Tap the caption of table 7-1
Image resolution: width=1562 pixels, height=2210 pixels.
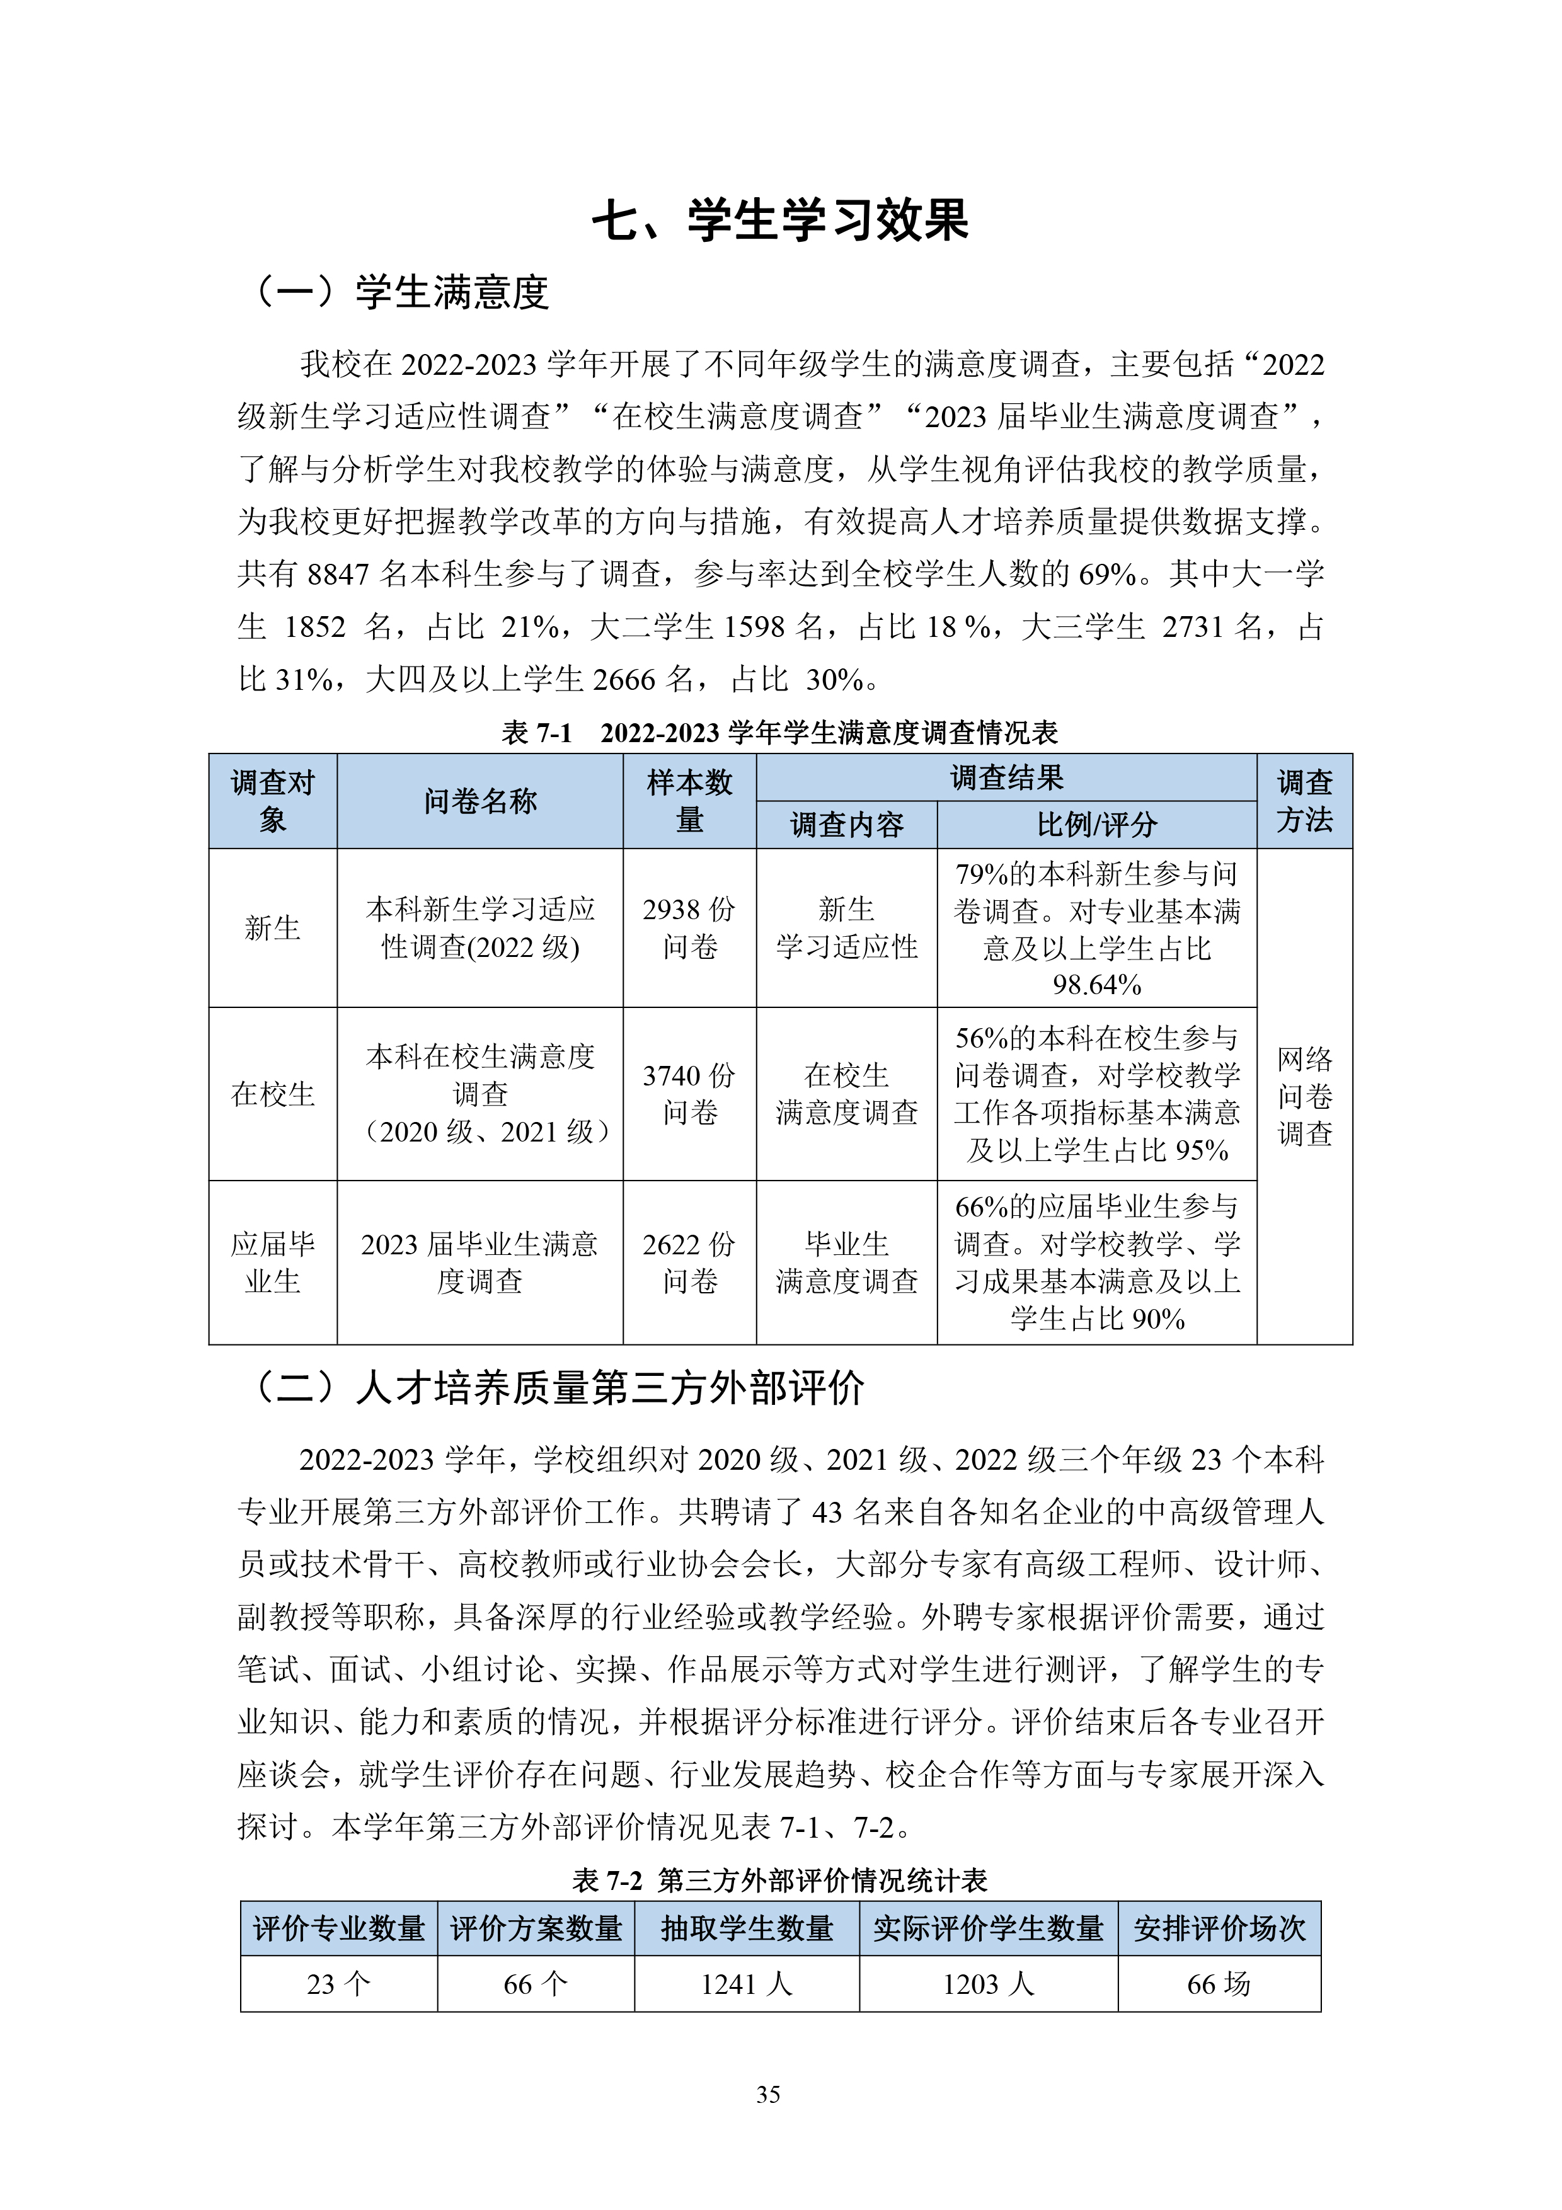[779, 733]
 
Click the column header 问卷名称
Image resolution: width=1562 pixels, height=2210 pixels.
[480, 801]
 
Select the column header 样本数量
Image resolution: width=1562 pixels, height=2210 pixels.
[689, 801]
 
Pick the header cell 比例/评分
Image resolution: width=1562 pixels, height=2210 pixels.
[1096, 825]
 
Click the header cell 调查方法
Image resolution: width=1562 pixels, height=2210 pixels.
[1304, 801]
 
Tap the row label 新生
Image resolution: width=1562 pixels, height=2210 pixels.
[272, 928]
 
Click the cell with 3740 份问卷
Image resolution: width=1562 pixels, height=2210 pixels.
[689, 1094]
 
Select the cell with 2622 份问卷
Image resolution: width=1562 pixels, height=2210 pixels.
[689, 1262]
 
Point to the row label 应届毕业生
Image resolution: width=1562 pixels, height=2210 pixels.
[272, 1262]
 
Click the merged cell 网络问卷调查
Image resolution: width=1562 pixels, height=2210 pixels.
[1304, 1096]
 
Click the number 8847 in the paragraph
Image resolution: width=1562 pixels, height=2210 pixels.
[339, 575]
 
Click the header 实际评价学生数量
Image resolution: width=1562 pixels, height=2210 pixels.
[989, 1929]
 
